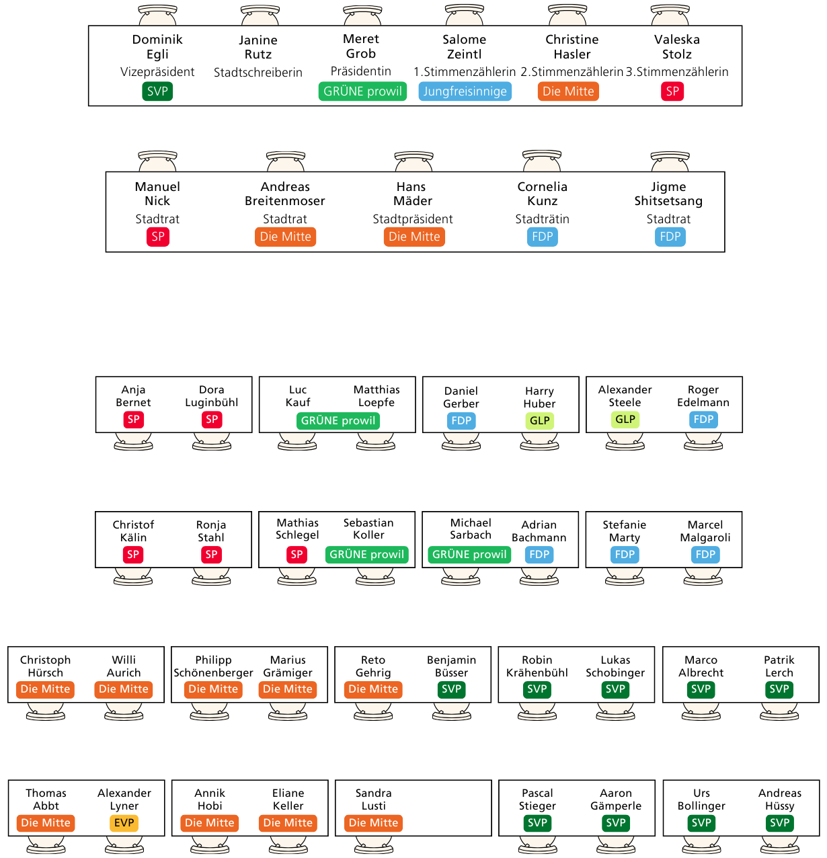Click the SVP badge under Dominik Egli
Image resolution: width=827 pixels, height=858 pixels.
coord(157,91)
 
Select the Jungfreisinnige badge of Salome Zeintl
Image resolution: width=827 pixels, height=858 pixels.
coord(465,91)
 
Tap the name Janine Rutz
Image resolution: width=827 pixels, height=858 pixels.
coord(258,47)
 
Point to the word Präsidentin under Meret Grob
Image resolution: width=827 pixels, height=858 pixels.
coord(361,71)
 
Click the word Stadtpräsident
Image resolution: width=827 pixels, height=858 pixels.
coord(413,219)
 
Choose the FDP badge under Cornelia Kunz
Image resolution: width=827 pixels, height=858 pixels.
coord(542,237)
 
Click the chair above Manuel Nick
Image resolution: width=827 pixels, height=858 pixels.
coord(157,161)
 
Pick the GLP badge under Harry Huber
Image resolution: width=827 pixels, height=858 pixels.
coord(540,421)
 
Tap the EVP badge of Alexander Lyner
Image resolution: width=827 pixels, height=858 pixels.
coord(124,823)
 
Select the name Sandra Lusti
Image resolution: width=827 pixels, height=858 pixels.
coord(373,799)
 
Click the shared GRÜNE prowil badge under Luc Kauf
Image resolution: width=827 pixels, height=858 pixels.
coord(338,421)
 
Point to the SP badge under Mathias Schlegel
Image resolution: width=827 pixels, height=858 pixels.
coord(297,554)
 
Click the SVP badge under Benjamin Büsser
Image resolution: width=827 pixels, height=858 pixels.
coord(451,689)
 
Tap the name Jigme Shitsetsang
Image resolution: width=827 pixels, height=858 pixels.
coord(668,194)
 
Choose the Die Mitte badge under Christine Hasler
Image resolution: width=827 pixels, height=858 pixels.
coord(568,91)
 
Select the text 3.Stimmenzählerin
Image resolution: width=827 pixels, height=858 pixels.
coord(677,71)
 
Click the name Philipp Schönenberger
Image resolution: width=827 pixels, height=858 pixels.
coord(213,666)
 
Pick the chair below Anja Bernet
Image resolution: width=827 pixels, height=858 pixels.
coord(133,441)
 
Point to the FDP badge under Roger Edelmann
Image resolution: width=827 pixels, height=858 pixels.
coord(703,420)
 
